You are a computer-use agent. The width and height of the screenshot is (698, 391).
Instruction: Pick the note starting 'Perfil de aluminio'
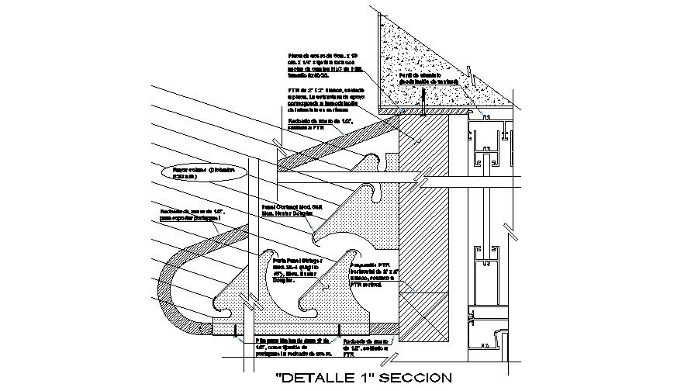429,78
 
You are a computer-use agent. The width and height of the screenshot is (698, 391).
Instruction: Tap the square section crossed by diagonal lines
423,315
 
